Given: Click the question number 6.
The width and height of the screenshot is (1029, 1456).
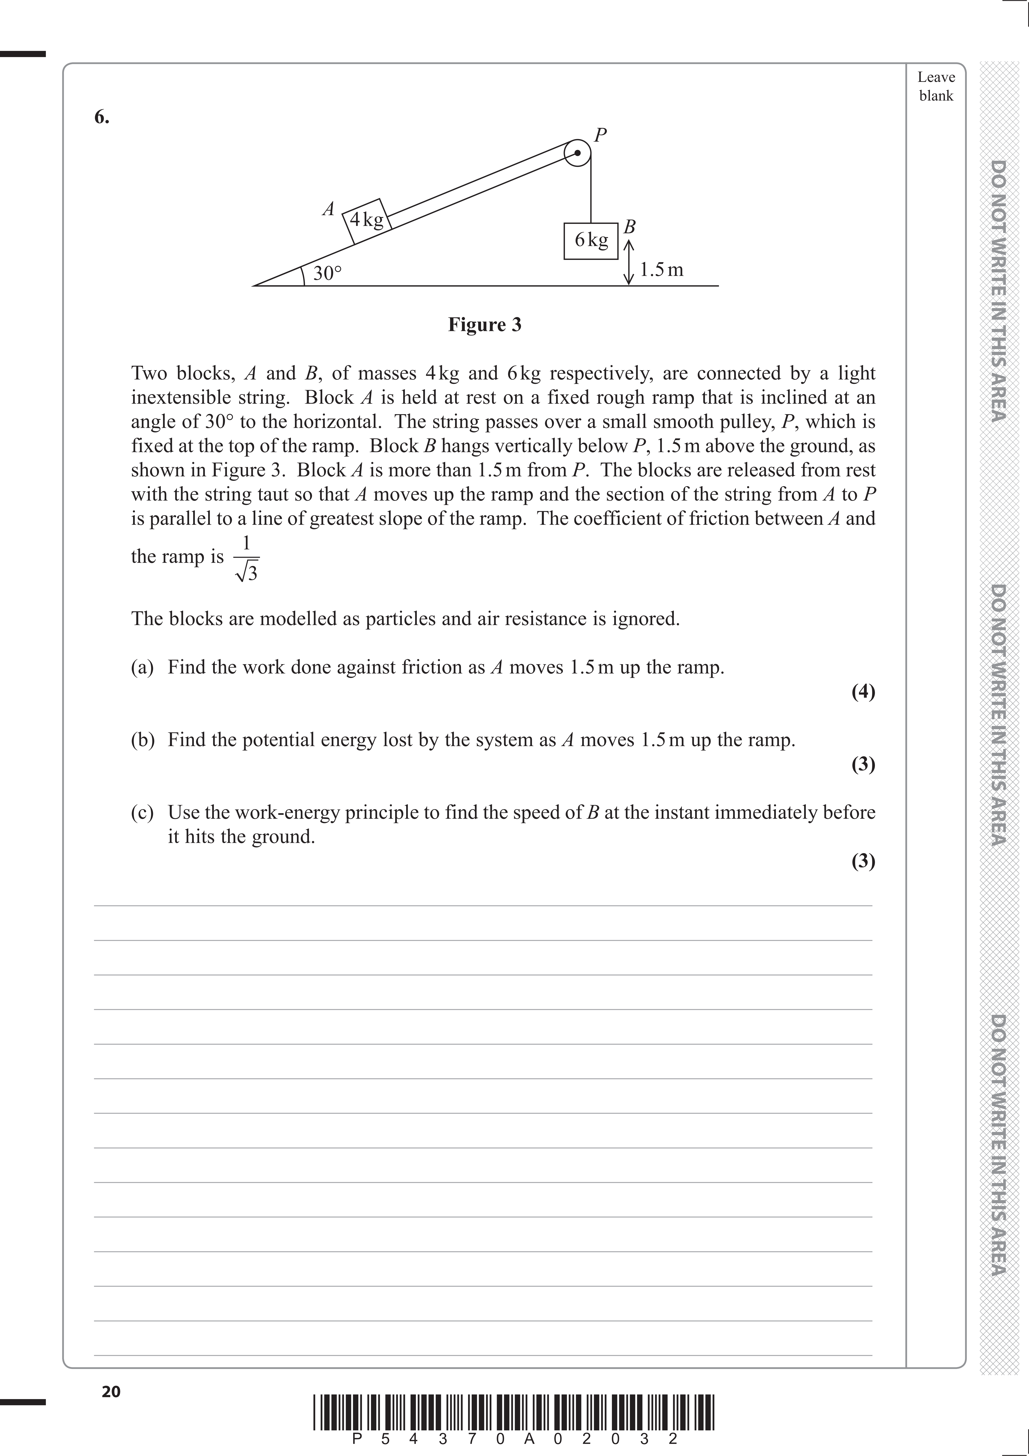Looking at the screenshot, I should (101, 117).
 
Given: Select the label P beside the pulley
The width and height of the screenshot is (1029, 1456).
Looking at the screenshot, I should (600, 134).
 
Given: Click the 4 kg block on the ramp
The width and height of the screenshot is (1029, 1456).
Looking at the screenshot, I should (366, 220).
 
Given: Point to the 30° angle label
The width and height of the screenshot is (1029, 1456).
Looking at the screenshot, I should (327, 273).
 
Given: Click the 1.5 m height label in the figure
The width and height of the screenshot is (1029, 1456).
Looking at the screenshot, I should (661, 270).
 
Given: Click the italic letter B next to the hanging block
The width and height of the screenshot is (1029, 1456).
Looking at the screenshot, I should (630, 226).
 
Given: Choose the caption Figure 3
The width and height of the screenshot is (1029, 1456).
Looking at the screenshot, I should (484, 325).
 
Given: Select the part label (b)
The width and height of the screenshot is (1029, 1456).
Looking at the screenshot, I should (143, 740).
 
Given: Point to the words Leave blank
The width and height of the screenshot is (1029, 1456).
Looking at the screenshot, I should (936, 86).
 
